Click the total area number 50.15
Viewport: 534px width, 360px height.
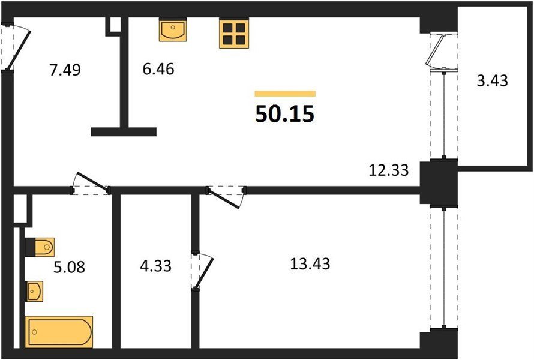click(x=284, y=114)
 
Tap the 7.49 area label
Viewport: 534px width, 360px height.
click(x=65, y=70)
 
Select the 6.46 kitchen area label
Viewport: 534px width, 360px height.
click(x=158, y=69)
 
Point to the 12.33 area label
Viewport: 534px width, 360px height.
click(x=389, y=170)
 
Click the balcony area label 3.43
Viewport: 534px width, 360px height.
click(x=492, y=81)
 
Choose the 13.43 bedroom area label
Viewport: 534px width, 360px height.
click(x=310, y=264)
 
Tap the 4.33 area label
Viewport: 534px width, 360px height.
click(x=155, y=266)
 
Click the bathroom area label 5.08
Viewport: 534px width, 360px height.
click(x=69, y=268)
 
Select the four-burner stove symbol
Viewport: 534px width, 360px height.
click(x=234, y=33)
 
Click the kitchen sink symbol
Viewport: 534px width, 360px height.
click(x=173, y=29)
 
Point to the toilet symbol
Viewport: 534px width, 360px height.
click(x=40, y=247)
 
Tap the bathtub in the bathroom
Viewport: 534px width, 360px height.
click(x=59, y=332)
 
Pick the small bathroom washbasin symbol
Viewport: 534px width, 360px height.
click(x=34, y=291)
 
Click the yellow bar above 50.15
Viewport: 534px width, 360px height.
click(x=285, y=94)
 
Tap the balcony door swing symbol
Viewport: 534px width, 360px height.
click(x=439, y=51)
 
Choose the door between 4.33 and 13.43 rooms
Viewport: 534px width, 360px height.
click(x=202, y=271)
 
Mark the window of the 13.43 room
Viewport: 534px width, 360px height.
click(x=444, y=268)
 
